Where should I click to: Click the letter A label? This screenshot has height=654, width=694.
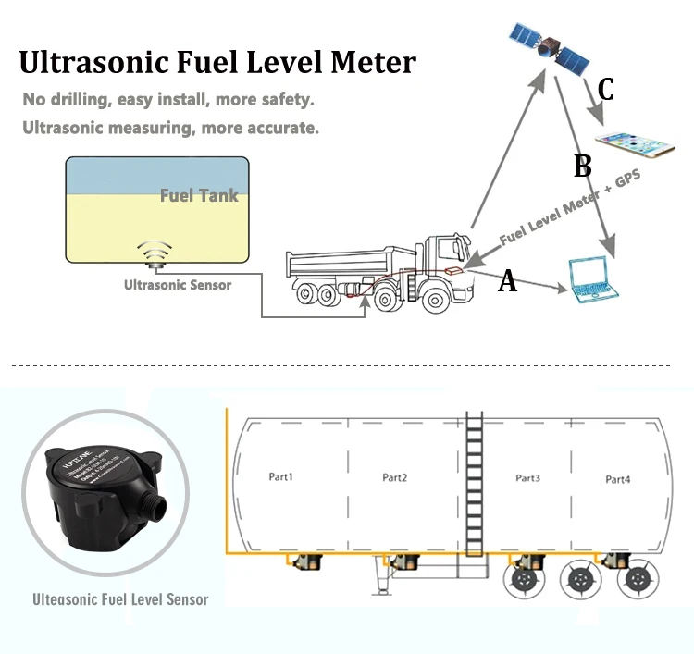click(507, 282)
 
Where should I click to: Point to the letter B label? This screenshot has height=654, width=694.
click(582, 167)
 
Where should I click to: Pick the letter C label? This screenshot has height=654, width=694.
click(605, 90)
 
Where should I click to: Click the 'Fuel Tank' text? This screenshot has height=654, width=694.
click(199, 195)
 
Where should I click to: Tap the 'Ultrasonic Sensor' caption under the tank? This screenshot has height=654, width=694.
click(178, 285)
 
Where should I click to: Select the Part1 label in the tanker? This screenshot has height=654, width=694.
click(279, 477)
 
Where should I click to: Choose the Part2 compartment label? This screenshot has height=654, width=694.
click(395, 477)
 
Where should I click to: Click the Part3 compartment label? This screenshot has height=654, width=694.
click(527, 478)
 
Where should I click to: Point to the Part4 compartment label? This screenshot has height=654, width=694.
click(617, 479)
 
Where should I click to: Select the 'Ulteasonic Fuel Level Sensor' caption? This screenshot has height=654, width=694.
click(120, 598)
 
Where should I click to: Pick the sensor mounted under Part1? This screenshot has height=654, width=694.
click(308, 562)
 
